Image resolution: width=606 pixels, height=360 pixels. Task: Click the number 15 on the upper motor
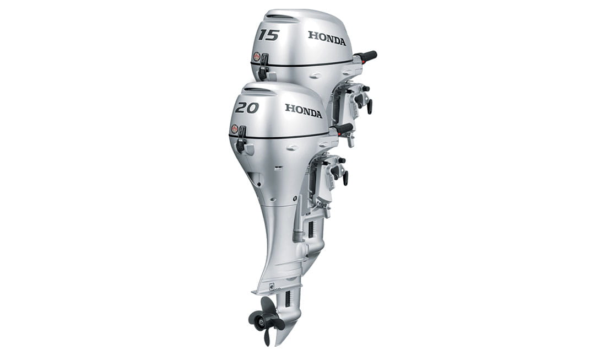coord(269,35)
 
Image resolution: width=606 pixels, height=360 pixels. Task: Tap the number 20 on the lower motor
coord(247,108)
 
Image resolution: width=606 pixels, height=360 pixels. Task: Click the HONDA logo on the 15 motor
coord(327,38)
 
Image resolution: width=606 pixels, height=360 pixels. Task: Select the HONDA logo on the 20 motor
coord(304,111)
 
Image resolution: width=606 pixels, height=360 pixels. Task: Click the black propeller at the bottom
coord(266,319)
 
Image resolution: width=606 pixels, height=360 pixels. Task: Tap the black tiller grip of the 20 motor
coord(343,129)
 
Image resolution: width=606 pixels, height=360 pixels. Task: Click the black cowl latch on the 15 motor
coord(263,67)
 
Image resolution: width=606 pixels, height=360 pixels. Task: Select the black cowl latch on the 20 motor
coord(241,139)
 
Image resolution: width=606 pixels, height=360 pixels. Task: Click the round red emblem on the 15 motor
coord(256,56)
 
